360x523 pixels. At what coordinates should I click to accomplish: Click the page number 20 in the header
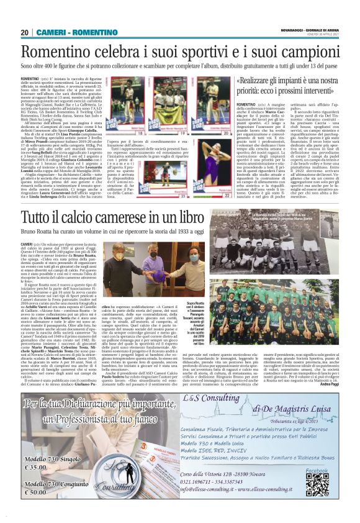coord(25,32)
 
